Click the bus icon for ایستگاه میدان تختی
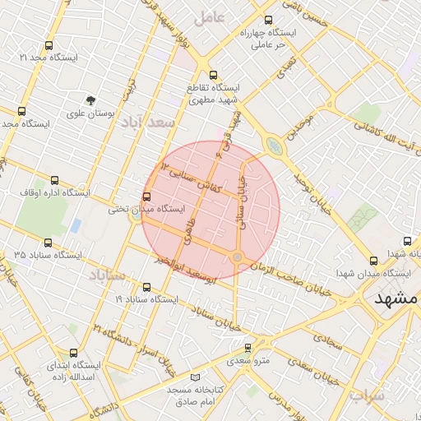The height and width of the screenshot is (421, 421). (x=147, y=197)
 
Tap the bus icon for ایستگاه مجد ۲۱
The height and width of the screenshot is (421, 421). (x=49, y=46)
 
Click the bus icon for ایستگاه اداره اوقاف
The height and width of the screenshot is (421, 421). (x=55, y=180)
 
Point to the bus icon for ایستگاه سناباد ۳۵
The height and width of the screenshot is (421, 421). (x=49, y=243)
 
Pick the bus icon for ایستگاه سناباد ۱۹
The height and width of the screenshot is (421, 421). (x=147, y=287)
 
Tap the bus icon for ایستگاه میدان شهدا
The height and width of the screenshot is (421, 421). (x=374, y=260)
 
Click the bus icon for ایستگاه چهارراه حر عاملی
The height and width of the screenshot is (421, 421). (x=268, y=21)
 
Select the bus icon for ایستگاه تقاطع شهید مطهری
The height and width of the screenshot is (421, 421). (x=213, y=73)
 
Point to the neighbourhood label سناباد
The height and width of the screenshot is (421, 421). (x=108, y=275)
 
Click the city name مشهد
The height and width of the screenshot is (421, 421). (x=396, y=299)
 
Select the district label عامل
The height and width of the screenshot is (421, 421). (x=210, y=16)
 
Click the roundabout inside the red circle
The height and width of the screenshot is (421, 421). (x=237, y=258)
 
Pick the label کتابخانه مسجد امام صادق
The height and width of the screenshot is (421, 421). (x=191, y=395)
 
